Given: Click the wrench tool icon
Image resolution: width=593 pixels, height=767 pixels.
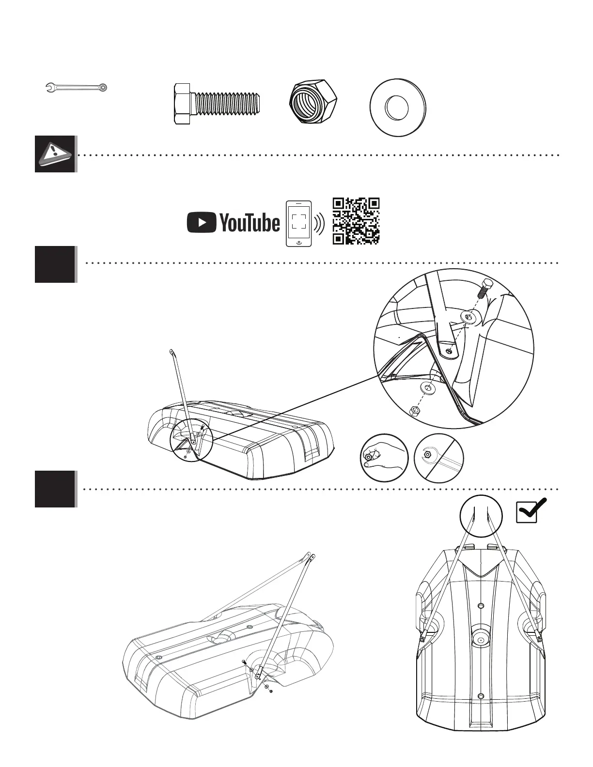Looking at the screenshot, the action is (76, 88).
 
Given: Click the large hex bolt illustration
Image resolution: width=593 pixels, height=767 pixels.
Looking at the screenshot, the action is (218, 104).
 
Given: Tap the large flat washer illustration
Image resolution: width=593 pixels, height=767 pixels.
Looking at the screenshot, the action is (397, 107).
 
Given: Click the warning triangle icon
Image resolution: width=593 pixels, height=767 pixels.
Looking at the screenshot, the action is (55, 154).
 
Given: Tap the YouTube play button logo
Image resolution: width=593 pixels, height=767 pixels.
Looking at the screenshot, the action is (201, 223).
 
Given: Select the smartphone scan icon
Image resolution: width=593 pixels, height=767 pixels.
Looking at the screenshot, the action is (298, 223).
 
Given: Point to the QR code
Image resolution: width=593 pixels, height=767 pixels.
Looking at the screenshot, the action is (356, 221).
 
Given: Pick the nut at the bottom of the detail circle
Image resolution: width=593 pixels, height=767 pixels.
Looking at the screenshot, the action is (414, 411).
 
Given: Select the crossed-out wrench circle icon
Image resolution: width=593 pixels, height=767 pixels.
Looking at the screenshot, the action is (439, 458).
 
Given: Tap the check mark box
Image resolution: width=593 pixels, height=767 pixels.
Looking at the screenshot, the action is (531, 510).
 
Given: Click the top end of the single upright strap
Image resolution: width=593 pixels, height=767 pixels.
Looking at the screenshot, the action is (172, 351).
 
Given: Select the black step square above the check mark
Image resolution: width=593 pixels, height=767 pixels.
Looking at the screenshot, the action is (55, 489).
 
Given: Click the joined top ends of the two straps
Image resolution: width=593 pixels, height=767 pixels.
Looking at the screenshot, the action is (310, 557).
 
